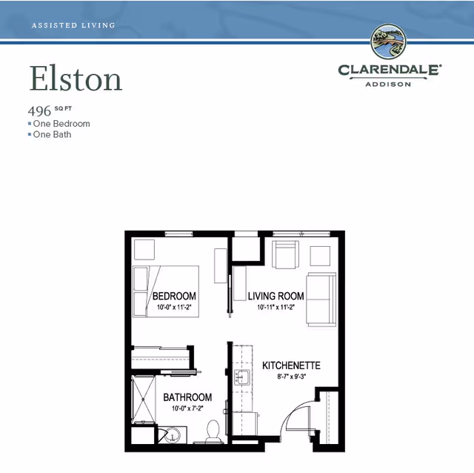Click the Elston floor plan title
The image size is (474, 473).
click(76, 78)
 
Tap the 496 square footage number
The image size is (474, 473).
click(39, 111)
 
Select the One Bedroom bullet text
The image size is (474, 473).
click(61, 124)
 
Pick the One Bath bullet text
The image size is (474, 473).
click(52, 134)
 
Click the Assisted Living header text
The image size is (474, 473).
click(73, 25)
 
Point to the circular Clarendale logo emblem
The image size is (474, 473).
click(388, 42)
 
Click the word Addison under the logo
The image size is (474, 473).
click(388, 84)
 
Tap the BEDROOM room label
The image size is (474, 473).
click(174, 296)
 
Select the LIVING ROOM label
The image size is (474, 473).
click(276, 296)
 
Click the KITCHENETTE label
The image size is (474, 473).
click(291, 365)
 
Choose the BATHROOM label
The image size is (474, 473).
click(187, 397)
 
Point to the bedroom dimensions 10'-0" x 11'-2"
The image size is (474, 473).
click(174, 307)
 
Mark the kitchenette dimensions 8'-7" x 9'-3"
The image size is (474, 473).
click(290, 377)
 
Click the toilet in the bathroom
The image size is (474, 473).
click(213, 431)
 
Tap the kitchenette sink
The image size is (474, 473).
click(242, 377)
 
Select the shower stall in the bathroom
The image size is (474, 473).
click(144, 400)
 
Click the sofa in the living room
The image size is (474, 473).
click(321, 300)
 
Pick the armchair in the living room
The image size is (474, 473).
click(286, 254)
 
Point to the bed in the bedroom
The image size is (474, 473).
click(166, 291)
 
